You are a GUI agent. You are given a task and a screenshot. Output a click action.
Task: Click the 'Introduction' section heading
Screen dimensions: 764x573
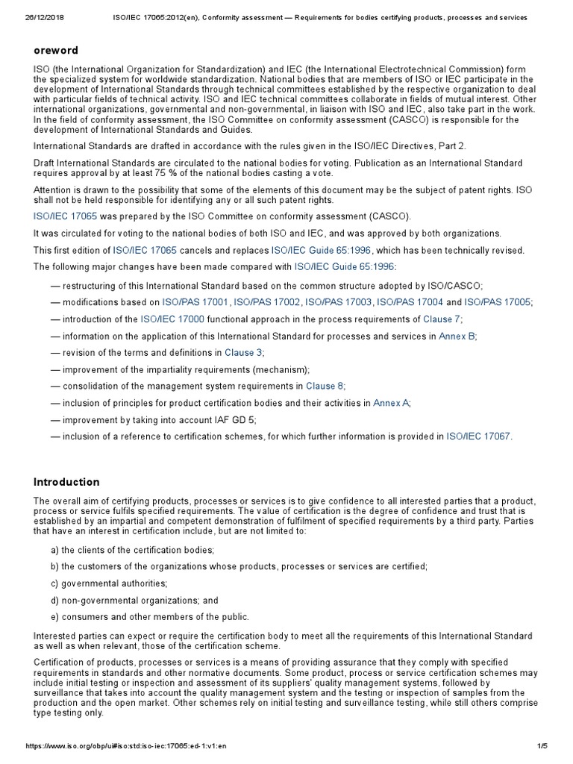66,482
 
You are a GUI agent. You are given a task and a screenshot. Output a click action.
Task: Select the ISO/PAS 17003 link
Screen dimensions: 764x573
339,302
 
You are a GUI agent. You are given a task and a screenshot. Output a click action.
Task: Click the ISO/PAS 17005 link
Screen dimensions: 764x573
498,302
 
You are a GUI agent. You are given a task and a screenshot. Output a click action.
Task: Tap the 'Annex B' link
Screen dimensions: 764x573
457,336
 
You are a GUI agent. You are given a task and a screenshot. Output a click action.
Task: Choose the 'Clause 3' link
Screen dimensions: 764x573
244,353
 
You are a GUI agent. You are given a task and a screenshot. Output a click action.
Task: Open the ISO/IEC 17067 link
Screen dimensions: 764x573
478,436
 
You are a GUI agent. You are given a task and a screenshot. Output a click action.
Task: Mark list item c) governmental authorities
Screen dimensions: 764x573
105,583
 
